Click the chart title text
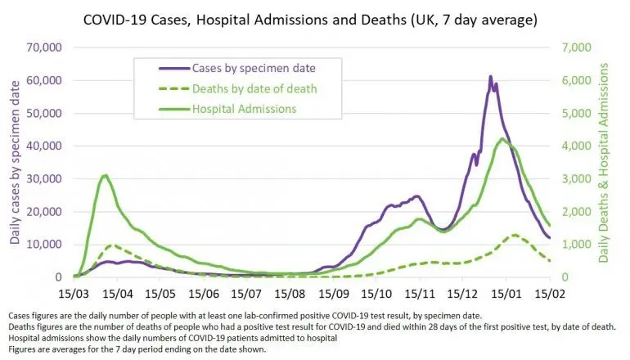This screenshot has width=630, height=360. coord(310,20)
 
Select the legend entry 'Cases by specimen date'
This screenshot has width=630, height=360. coord(237,68)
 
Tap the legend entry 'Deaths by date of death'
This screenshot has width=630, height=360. coord(238,88)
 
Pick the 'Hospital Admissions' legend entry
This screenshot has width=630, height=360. coord(227,109)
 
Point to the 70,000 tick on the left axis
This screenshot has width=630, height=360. coord(44,47)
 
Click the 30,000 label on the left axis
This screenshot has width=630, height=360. coord(44,179)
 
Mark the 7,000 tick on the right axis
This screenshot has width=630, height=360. coord(577,47)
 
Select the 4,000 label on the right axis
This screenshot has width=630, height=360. coord(577,146)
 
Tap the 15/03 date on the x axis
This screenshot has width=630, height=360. coord(74,294)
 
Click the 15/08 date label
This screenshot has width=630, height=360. coord(290,294)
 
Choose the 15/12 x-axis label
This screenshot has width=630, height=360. coord(463,294)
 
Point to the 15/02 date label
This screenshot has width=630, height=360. coord(550,294)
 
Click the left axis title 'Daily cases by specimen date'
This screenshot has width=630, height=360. coord(15,163)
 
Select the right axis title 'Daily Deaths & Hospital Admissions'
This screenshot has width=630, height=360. coord(604,163)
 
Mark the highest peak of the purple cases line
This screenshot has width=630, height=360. coord(491,76)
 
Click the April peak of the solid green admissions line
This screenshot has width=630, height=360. coord(106,175)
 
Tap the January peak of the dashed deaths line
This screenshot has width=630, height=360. coord(515,235)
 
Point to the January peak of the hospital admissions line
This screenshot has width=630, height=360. coord(502,138)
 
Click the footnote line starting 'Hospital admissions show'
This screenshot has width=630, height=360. coord(173,338)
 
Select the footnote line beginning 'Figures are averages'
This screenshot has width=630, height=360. coord(137,349)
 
